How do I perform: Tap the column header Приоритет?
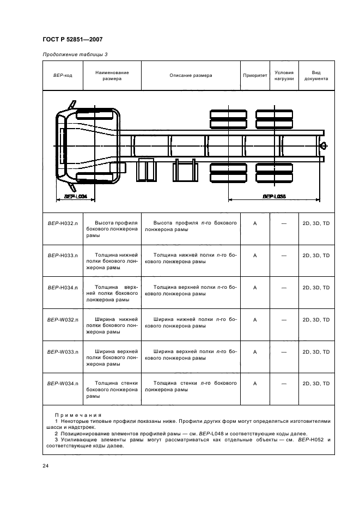pos(255,75)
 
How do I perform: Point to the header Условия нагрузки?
pos(284,75)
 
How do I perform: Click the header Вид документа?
pos(316,75)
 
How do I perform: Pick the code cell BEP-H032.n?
pos(62,223)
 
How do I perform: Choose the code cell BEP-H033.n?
pos(62,255)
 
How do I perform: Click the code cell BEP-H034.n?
pos(62,287)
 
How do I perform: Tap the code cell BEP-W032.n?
pos(62,320)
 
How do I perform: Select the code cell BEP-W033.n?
pos(62,352)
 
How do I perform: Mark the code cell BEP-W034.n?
pos(62,384)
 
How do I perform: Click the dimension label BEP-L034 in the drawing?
pos(76,196)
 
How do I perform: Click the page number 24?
pos(45,465)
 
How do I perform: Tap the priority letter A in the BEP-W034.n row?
pos(255,384)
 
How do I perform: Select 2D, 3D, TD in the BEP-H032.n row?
pos(316,223)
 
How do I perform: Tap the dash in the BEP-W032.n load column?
pos(284,320)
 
